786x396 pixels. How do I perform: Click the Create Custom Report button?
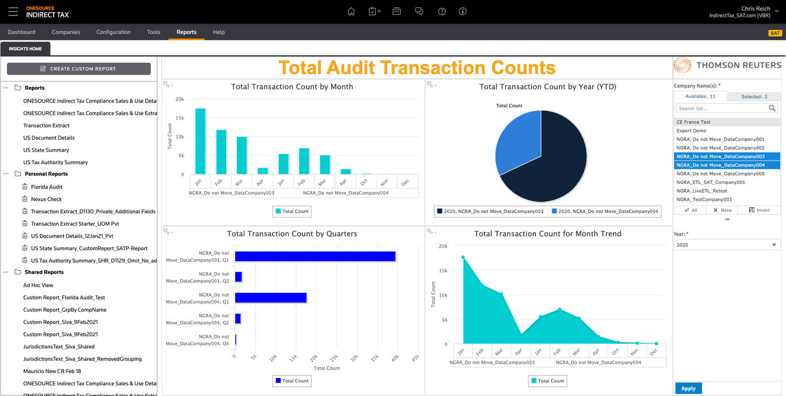tap(79, 69)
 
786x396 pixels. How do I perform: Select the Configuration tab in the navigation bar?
tap(113, 32)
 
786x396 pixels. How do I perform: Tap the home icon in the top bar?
tap(351, 12)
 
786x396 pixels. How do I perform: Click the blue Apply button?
tap(688, 389)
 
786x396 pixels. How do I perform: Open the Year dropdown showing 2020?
tap(727, 245)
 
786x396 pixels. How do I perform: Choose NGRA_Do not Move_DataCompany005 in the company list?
tap(720, 174)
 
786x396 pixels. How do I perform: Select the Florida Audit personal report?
tap(47, 187)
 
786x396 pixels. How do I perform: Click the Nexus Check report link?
tap(46, 199)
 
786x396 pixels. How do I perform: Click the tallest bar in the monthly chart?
tap(200, 141)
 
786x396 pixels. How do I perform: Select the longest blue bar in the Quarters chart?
tap(315, 256)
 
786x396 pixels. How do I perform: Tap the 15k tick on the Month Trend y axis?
tap(443, 270)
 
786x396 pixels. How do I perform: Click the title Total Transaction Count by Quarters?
tap(292, 234)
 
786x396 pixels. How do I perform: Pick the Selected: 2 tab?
tap(754, 97)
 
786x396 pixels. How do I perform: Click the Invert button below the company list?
tap(759, 210)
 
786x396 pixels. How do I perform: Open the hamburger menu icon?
tap(13, 12)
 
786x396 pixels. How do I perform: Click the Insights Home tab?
tap(25, 49)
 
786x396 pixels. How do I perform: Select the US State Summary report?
tap(46, 150)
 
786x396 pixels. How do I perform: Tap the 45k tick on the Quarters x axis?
tap(414, 357)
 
